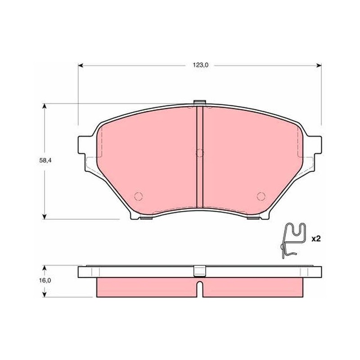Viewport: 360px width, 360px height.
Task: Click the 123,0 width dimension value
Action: point(200,65)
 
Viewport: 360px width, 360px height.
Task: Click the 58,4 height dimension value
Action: point(45,161)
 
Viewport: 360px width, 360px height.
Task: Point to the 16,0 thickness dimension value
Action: point(45,280)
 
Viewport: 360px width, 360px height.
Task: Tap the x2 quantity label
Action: point(316,239)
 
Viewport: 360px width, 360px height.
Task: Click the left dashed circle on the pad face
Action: point(139,196)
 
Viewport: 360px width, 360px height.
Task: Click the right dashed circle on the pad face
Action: point(261,196)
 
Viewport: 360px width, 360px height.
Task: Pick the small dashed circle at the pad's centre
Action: point(200,153)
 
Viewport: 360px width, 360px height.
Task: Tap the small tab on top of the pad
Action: point(199,103)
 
